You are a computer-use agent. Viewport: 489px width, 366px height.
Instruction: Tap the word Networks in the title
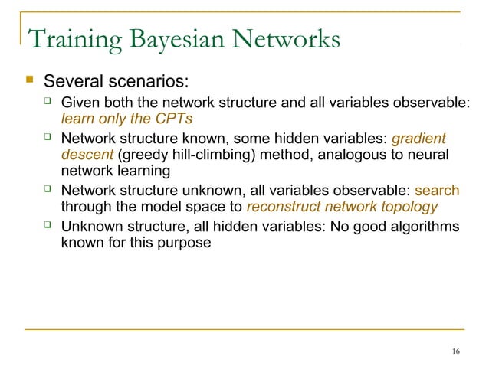point(290,40)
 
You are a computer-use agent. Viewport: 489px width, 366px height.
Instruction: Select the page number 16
point(456,351)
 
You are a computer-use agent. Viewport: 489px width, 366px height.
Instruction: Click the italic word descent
point(87,155)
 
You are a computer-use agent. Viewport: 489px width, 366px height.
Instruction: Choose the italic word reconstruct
point(283,207)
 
